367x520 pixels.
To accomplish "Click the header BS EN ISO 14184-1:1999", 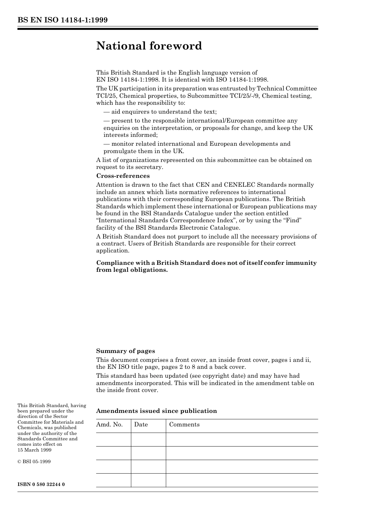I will [62, 20].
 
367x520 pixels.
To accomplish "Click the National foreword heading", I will [149, 46].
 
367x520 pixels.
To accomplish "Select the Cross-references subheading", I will [123, 176].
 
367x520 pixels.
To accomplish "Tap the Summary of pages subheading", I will [126, 351].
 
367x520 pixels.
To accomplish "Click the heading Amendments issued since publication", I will [156, 411].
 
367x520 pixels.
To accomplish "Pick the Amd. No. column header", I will [109, 425].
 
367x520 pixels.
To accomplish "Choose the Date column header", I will [141, 425].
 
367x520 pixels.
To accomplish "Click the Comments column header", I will [184, 425].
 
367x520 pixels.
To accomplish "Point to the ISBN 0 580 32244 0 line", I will [41, 484].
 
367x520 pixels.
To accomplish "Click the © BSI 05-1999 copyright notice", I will [34, 462].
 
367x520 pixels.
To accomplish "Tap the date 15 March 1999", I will [34, 450].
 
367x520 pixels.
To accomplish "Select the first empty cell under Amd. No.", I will [113, 440].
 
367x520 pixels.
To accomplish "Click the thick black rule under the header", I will [168, 29].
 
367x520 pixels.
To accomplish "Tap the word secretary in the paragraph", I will [150, 167].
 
